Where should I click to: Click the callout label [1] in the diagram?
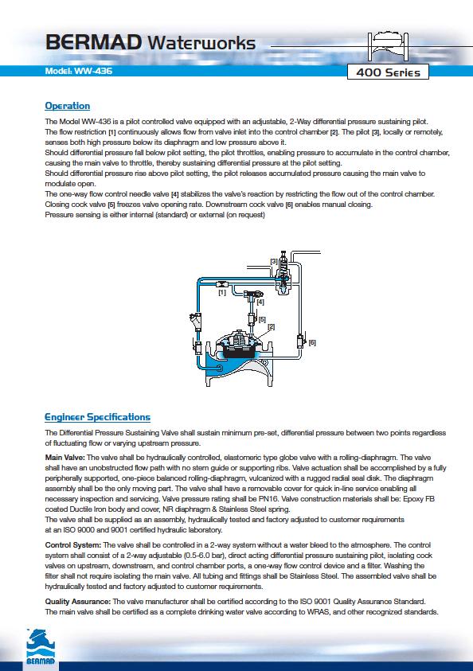(x=221, y=293)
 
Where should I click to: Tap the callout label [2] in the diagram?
(x=271, y=327)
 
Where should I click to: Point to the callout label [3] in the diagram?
(x=273, y=261)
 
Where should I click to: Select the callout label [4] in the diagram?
(x=260, y=302)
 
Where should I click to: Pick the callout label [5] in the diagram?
(x=261, y=319)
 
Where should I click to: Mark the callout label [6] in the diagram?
(x=312, y=342)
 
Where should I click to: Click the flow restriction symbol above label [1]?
(x=221, y=283)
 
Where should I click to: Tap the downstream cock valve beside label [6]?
(x=300, y=341)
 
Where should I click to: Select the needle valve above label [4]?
(x=253, y=294)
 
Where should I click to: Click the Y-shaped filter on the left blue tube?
(x=196, y=321)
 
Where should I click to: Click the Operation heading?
(x=67, y=106)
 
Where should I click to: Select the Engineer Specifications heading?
(x=98, y=417)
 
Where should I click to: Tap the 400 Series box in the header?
(x=388, y=72)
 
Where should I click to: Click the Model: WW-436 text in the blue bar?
(x=78, y=71)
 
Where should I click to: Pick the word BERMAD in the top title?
(x=94, y=43)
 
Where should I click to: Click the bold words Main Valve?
(x=65, y=458)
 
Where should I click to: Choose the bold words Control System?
(x=73, y=545)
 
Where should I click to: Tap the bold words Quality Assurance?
(x=78, y=602)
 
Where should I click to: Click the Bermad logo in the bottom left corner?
(x=41, y=646)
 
